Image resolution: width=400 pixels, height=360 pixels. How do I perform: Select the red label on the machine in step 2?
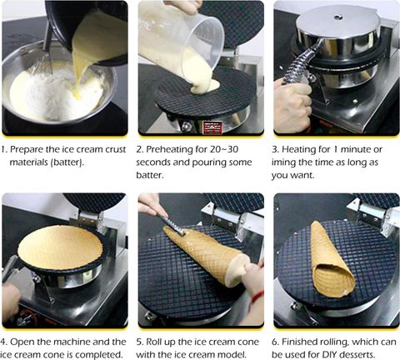212,127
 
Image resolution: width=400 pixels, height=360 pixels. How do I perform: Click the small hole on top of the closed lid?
337,17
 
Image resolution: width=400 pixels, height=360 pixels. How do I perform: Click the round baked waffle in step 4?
60,247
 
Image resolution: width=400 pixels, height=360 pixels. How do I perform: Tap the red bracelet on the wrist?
257,297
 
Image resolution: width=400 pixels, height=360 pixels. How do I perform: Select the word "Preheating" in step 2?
169,150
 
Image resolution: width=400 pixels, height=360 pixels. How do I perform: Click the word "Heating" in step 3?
299,150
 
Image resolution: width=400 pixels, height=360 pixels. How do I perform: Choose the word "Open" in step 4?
22,342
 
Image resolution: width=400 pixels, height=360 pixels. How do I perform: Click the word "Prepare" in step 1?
27,150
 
